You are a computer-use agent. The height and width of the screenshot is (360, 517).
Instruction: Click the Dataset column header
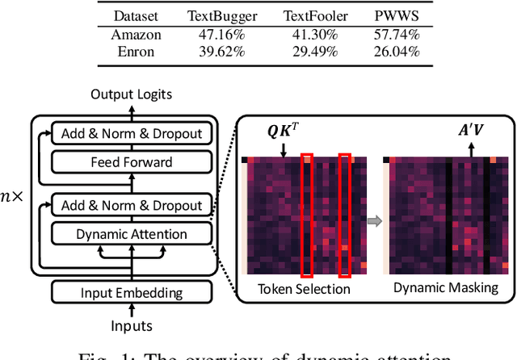137,15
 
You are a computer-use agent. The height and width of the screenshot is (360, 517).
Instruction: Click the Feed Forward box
130,162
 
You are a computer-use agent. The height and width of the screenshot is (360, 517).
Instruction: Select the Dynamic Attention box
130,235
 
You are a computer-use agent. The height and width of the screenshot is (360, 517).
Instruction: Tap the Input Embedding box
130,293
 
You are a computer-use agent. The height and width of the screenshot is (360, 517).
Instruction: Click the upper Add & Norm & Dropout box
130,133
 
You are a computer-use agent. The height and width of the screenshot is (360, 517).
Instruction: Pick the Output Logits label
131,94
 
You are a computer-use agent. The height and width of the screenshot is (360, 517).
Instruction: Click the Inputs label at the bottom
131,325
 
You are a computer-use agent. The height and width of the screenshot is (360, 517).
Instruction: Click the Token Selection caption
304,289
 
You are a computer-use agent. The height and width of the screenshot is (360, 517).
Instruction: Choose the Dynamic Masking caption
445,289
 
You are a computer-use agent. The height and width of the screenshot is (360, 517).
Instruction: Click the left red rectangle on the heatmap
307,214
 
